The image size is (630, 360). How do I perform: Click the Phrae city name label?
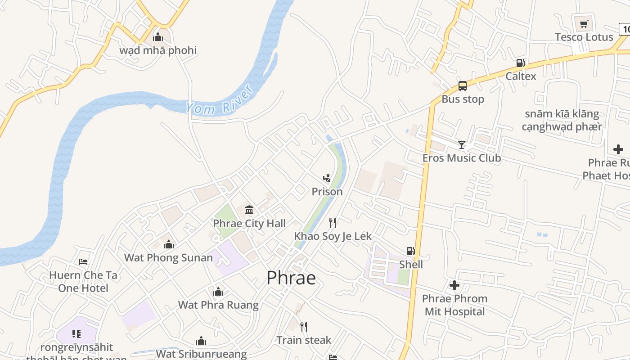[291, 278]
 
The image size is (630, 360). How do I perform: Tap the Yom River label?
[220, 102]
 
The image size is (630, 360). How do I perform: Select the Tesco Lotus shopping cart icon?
[584, 24]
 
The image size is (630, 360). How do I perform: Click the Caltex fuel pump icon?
[520, 63]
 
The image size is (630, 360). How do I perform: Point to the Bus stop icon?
[462, 86]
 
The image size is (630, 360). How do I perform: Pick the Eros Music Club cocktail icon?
[461, 144]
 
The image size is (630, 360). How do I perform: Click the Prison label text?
[327, 192]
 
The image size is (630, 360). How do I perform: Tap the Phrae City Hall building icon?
[249, 210]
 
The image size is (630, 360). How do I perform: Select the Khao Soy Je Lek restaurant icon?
[333, 222]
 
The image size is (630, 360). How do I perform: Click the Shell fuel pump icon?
[410, 251]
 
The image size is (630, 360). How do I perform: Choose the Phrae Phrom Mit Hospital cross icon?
[454, 285]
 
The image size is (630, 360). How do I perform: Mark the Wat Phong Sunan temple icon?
[169, 244]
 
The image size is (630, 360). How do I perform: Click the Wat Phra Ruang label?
[218, 305]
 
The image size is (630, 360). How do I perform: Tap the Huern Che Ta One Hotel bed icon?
[83, 261]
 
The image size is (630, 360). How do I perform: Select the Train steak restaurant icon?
[304, 326]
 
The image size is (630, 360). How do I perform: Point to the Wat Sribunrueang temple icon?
[201, 341]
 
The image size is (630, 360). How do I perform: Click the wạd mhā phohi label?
[158, 50]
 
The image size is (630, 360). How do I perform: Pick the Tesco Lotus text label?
[584, 37]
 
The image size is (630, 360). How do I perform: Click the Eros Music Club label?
[461, 158]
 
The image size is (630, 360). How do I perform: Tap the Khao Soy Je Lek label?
[333, 236]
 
